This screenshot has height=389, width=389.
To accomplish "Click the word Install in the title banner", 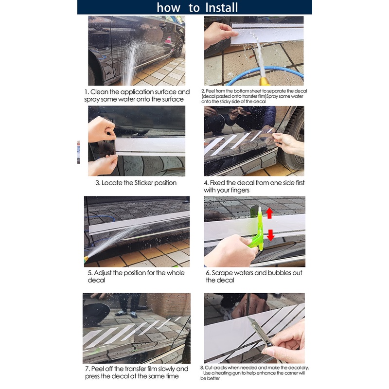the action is [222, 7].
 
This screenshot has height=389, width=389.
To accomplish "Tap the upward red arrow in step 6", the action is [269, 213].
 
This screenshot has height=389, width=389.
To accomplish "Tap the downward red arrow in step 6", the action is [270, 235].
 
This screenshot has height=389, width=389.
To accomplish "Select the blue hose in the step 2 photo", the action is [268, 75].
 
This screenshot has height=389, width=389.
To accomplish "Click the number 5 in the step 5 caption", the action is [90, 273].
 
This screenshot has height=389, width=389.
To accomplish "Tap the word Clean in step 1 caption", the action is [99, 92].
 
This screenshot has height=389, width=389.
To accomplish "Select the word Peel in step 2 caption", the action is [210, 91].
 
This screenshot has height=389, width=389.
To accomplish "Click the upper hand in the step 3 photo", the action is [101, 129].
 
